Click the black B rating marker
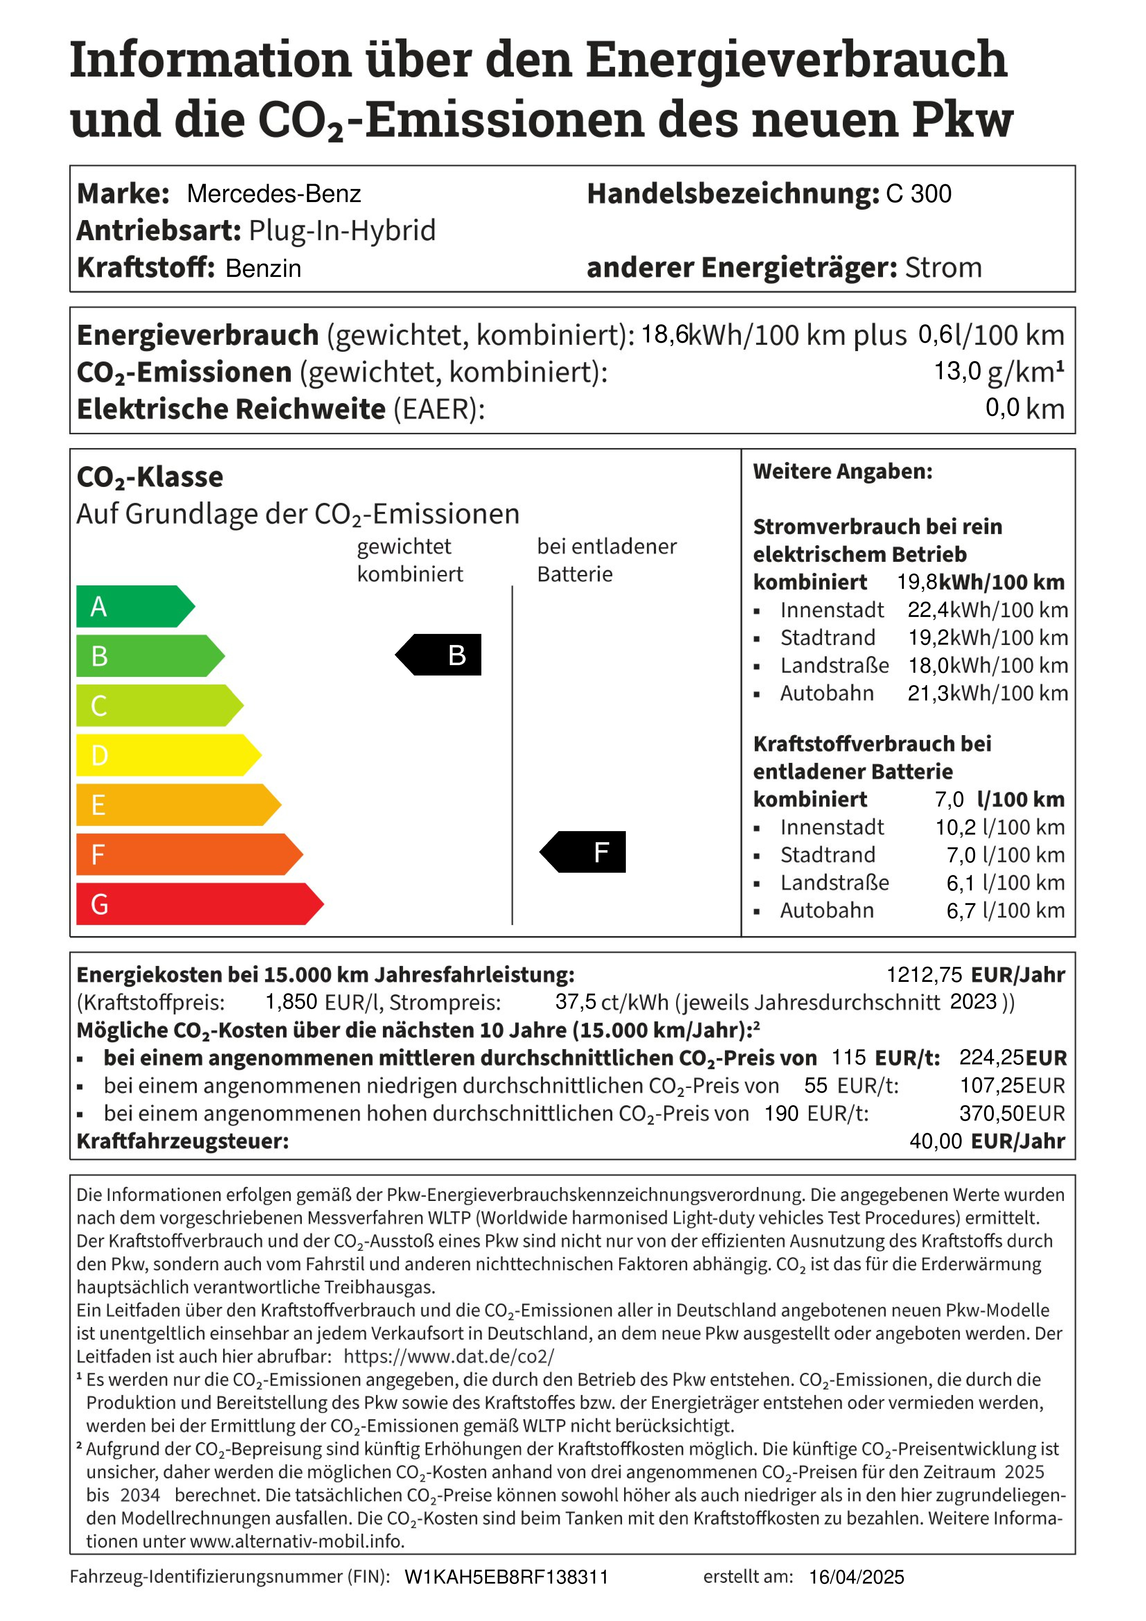coord(441,655)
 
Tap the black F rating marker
coord(586,852)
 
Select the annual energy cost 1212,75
coord(924,975)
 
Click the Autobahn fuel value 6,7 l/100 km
coord(1005,911)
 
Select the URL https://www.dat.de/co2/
coord(449,1356)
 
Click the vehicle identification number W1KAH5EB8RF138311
coord(506,1577)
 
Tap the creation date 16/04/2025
coord(856,1577)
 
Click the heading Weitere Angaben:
coord(842,472)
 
